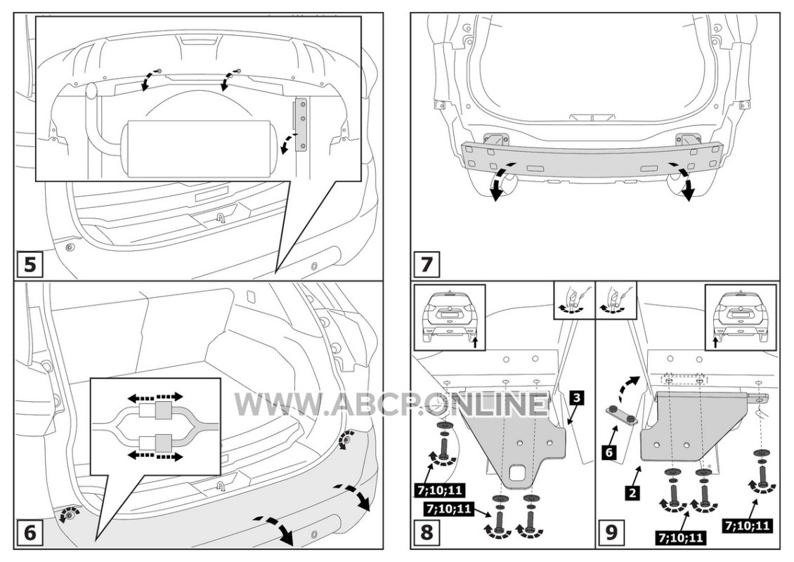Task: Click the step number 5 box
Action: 30,264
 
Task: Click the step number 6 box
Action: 30,533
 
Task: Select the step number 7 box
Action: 427,264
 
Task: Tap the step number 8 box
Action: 427,533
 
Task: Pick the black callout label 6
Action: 610,452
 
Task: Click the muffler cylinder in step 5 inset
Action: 200,148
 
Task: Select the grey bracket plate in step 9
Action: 699,425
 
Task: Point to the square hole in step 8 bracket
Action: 518,474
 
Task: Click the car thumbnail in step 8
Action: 450,318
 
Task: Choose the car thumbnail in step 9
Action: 741,318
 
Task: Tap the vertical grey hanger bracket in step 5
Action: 302,124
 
